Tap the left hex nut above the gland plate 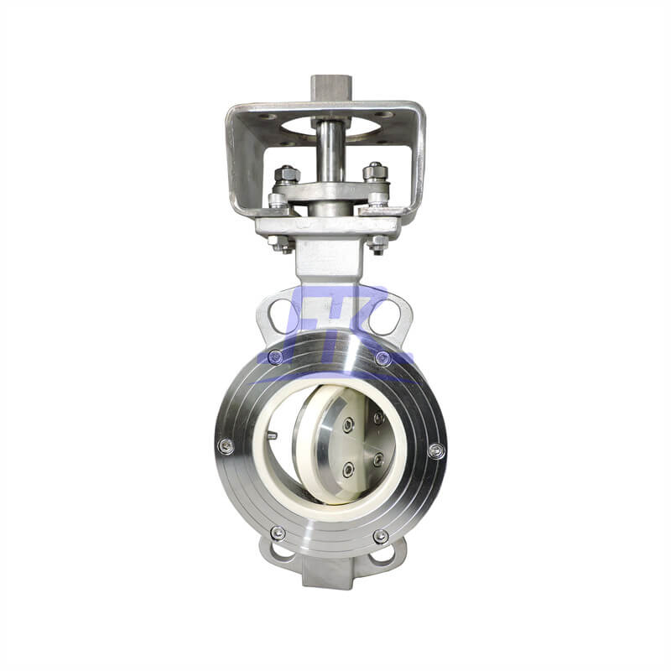(287, 174)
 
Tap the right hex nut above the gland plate (376, 173)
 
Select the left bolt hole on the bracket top (266, 117)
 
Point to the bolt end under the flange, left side (282, 243)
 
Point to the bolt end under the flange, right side (378, 243)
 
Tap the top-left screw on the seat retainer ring (276, 357)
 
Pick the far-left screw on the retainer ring (225, 446)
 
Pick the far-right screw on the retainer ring (435, 450)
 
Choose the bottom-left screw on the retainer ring (278, 533)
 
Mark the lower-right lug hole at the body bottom (385, 554)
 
